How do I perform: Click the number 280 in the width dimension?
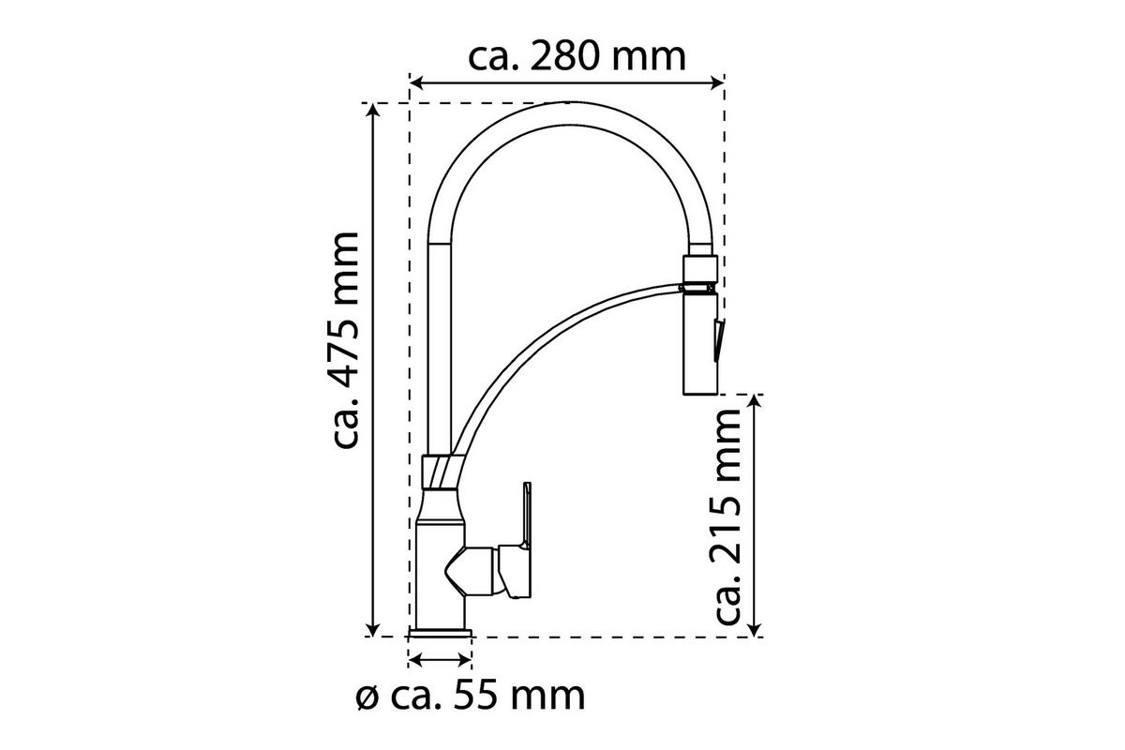[x=563, y=57]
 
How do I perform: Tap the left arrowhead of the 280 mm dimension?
[x=417, y=82]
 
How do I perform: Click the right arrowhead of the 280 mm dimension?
[x=716, y=82]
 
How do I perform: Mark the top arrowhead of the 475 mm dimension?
[x=373, y=110]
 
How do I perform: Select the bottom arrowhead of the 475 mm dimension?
[x=373, y=629]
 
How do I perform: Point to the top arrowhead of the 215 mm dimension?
[x=755, y=402]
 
